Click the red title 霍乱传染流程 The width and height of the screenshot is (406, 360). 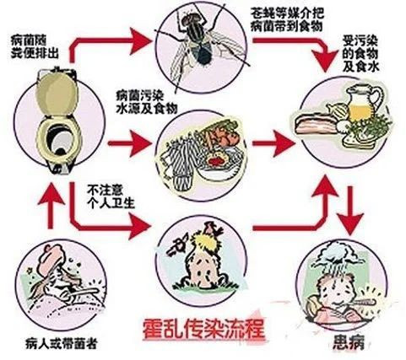click(203, 329)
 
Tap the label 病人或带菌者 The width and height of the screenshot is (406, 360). click(61, 343)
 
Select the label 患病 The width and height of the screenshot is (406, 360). click(349, 342)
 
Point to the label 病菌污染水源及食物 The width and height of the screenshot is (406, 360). click(147, 101)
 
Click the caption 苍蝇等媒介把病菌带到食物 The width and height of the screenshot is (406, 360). click(287, 19)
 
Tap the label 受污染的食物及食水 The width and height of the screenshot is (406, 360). click(360, 54)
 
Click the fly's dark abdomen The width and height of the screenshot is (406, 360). click(203, 54)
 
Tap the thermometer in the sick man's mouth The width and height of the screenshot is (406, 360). click(357, 304)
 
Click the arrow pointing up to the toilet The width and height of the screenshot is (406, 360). click(51, 207)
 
